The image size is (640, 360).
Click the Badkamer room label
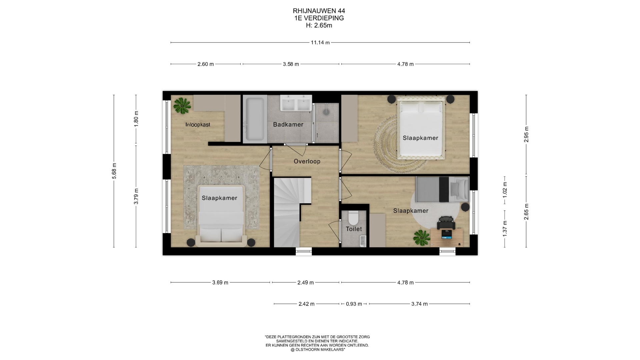coord(288,125)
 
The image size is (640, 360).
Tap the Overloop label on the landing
coord(307,161)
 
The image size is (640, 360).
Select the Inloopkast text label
coord(198,125)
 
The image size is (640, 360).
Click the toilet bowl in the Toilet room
coord(353,218)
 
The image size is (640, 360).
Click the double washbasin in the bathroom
coord(296,103)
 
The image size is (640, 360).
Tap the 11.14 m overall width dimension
coord(320,43)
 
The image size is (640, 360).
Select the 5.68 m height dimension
coord(114,171)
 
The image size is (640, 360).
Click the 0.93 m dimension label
coord(354,304)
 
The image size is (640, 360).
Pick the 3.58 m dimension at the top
coord(291,64)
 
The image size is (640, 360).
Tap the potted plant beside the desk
coord(421,238)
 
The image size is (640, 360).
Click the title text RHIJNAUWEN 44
coord(319,11)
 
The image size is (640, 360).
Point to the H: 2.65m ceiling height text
coord(319,25)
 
